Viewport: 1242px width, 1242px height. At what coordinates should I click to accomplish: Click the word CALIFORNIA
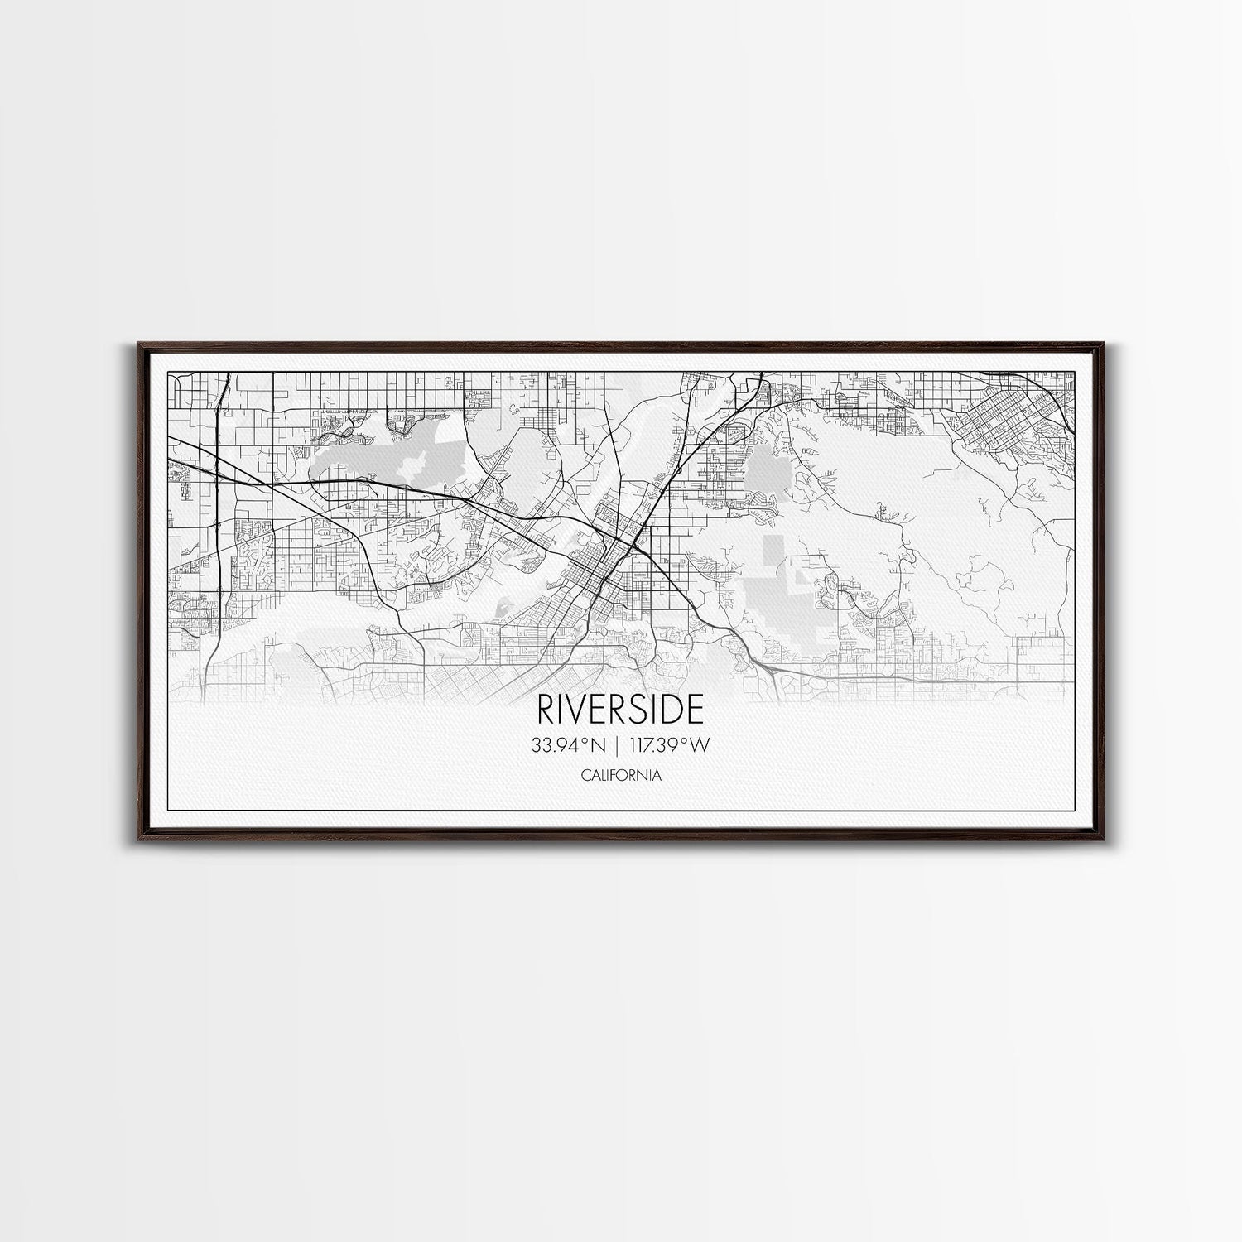[x=621, y=776]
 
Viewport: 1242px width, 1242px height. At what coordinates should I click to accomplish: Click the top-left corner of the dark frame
[x=132, y=341]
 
